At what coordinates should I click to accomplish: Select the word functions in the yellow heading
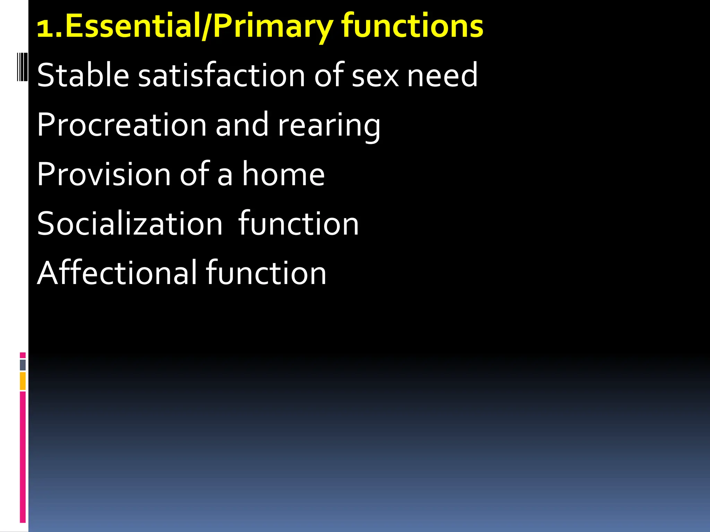point(412,26)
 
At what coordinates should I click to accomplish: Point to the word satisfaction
point(222,75)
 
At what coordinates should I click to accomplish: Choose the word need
point(442,75)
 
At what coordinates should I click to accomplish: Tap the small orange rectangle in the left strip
point(23,381)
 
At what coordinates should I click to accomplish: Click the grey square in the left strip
point(23,365)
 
